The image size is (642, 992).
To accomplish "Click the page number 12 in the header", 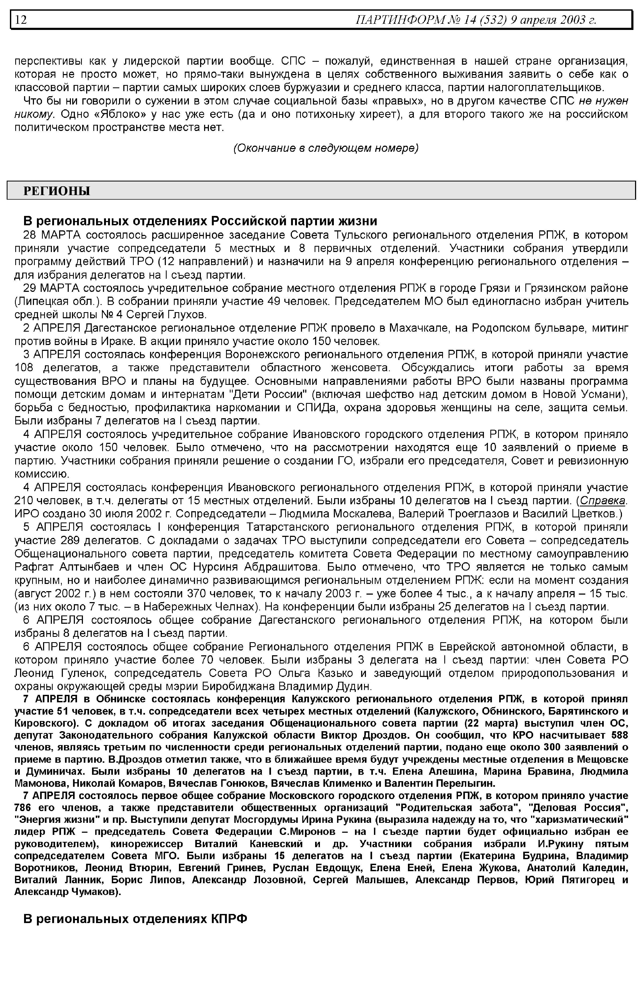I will (x=21, y=20).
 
